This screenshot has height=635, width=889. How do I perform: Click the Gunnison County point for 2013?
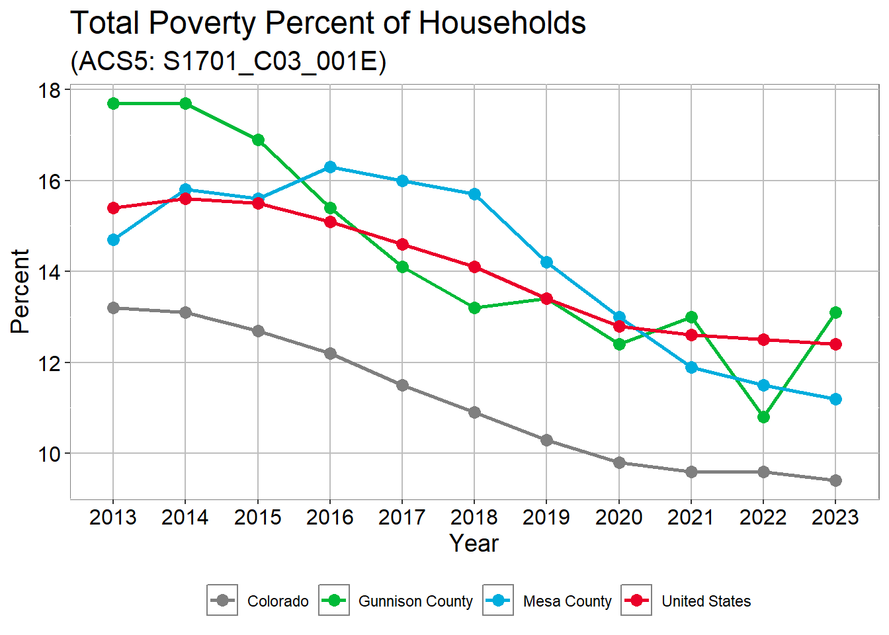(113, 104)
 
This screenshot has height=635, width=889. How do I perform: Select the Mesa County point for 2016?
(330, 167)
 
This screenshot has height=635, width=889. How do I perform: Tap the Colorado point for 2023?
(835, 480)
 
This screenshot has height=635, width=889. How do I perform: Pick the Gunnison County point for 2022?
(763, 417)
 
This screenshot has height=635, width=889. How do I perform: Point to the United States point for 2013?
(113, 208)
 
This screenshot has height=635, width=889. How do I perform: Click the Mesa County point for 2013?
(113, 239)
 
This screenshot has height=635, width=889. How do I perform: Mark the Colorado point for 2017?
(402, 385)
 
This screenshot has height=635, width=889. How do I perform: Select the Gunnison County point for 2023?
(835, 312)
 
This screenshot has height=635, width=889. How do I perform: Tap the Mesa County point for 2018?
(474, 194)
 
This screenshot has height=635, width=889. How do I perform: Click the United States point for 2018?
(474, 267)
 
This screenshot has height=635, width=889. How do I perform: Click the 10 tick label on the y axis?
(50, 454)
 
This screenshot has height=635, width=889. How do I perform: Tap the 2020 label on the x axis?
(618, 517)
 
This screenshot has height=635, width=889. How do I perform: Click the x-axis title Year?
(474, 543)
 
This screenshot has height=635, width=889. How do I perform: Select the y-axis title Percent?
(21, 291)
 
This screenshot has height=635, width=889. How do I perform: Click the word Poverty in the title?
(202, 24)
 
